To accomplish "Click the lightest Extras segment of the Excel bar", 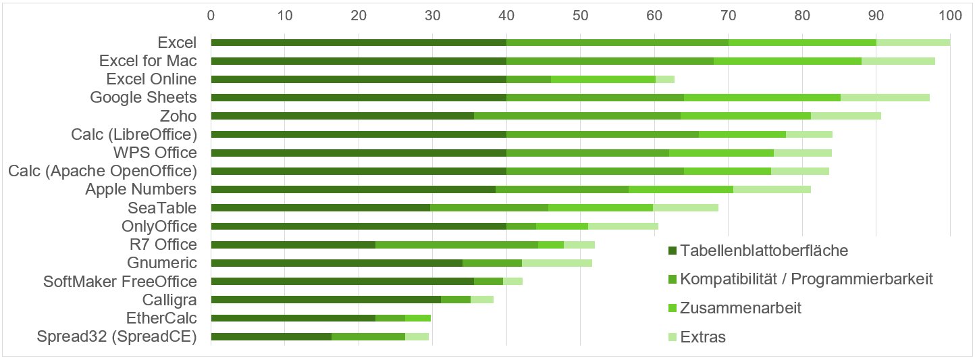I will [913, 43].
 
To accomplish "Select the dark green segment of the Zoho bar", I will [342, 115].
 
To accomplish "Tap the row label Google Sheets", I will [143, 97].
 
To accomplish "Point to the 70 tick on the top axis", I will [728, 14].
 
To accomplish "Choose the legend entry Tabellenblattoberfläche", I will [764, 251].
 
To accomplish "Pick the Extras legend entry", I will [703, 336].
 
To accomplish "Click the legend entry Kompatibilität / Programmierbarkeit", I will [806, 279].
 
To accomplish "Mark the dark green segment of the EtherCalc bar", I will [293, 317].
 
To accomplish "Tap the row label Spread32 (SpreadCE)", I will [117, 336].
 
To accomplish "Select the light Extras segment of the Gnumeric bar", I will [556, 263].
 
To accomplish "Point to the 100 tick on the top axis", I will [949, 14].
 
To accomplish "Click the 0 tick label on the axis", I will [211, 14].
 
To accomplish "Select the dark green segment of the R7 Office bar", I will [293, 245].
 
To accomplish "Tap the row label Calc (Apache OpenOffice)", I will [103, 171].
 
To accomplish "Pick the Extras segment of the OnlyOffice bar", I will [623, 226].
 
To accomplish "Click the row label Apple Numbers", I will [140, 189].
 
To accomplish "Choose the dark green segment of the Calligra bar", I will [325, 299].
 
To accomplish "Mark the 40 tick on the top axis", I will [506, 14].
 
